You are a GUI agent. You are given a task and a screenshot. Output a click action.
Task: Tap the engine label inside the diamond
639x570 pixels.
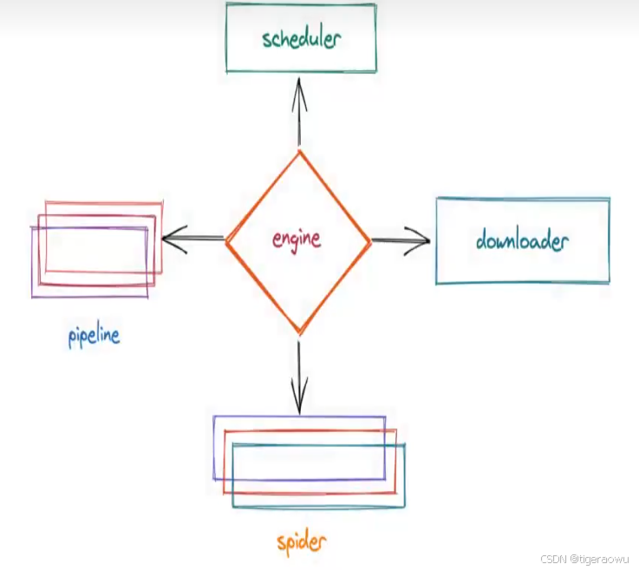click(x=297, y=239)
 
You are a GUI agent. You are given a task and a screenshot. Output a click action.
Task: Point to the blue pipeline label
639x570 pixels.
click(x=94, y=335)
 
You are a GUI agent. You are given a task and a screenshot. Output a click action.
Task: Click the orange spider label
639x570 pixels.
click(x=302, y=543)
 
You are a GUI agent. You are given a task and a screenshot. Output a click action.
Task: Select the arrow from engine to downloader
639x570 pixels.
click(x=401, y=240)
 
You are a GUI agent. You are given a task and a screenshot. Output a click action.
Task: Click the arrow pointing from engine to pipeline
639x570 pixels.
click(x=193, y=239)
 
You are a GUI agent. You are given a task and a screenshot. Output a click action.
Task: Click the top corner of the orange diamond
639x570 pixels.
click(x=299, y=152)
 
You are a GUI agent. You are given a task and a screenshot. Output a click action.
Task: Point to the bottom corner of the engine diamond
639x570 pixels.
click(x=299, y=332)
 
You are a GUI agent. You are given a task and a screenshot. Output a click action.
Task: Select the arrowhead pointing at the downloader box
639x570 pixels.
click(x=423, y=240)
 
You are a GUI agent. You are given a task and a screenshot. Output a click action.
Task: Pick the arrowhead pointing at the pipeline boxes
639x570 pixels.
click(x=168, y=239)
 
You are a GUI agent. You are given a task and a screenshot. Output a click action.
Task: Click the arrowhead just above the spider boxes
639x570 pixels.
click(x=299, y=404)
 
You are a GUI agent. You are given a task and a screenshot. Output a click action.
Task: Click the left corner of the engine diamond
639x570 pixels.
click(x=226, y=239)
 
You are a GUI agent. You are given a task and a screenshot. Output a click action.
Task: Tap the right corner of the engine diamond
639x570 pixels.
click(x=371, y=240)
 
